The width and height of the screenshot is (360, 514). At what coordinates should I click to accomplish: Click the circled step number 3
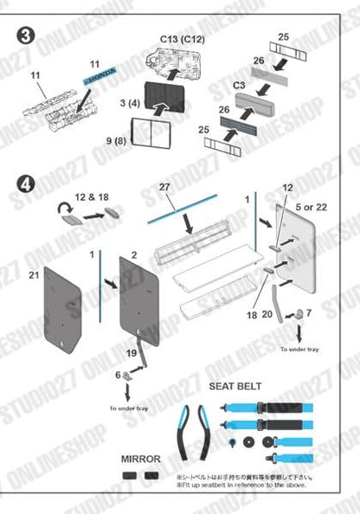[x=27, y=37]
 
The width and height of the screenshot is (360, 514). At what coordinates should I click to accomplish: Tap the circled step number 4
[x=27, y=184]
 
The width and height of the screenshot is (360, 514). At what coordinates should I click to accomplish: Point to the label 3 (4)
[x=130, y=104]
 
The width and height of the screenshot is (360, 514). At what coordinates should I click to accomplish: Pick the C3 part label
[x=242, y=86]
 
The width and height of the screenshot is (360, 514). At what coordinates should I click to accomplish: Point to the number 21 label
[x=35, y=275]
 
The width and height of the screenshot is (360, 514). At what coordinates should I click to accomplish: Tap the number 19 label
[x=132, y=353]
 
